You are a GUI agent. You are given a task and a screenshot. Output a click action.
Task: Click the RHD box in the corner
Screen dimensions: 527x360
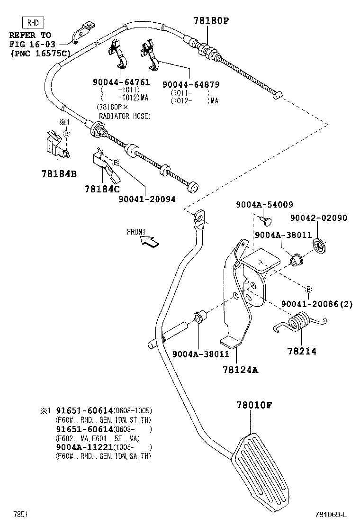point(33,22)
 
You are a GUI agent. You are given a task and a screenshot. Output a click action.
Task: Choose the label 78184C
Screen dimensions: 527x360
point(102,189)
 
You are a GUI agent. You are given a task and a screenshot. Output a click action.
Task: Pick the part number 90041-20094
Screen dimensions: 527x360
point(147,199)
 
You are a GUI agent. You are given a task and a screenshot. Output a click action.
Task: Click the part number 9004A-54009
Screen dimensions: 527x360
point(264,205)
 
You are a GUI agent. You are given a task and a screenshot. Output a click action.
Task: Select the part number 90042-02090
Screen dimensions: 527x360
point(318,218)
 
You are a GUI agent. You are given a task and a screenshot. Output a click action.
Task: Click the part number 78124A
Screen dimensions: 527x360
point(241,370)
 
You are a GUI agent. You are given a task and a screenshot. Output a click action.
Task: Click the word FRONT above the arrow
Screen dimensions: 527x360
point(136,232)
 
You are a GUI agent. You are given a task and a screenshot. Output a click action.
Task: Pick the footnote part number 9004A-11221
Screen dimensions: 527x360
point(77,447)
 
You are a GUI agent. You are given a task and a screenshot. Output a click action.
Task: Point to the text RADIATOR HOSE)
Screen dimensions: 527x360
point(125,116)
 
